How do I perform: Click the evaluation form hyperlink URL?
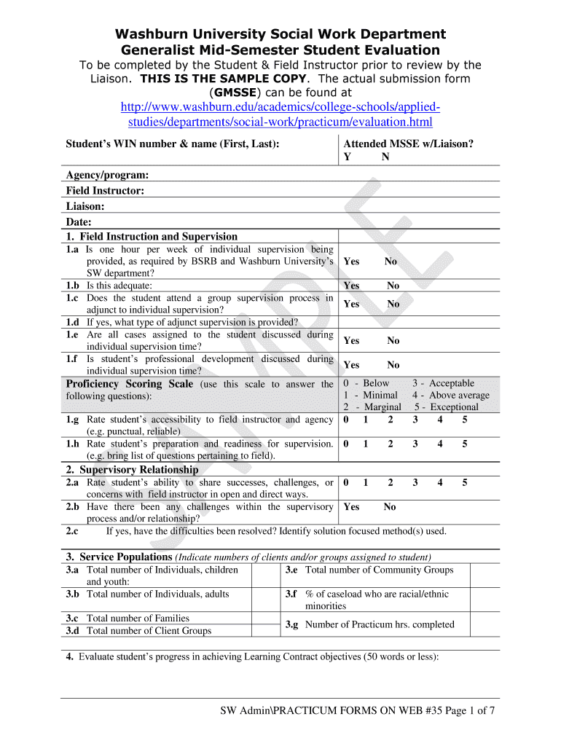tap(280, 114)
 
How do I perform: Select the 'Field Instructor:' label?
tap(105, 191)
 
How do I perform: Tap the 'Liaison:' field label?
tap(85, 206)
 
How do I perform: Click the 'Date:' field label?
tap(79, 221)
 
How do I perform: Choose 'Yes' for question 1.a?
tap(351, 262)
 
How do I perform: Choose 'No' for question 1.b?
tap(393, 286)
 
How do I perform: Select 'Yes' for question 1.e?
tap(351, 341)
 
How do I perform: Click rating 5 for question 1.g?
tap(465, 420)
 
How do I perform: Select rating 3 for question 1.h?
tap(415, 444)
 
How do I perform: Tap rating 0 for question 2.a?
tap(346, 482)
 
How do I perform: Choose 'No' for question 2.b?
tap(390, 507)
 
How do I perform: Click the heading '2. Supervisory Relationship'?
tap(132, 470)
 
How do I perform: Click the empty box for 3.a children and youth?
tap(271, 576)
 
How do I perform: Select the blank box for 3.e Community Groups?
tap(490, 576)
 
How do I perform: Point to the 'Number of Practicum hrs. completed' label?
tap(380, 624)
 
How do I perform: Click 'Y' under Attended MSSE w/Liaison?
tap(347, 157)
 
